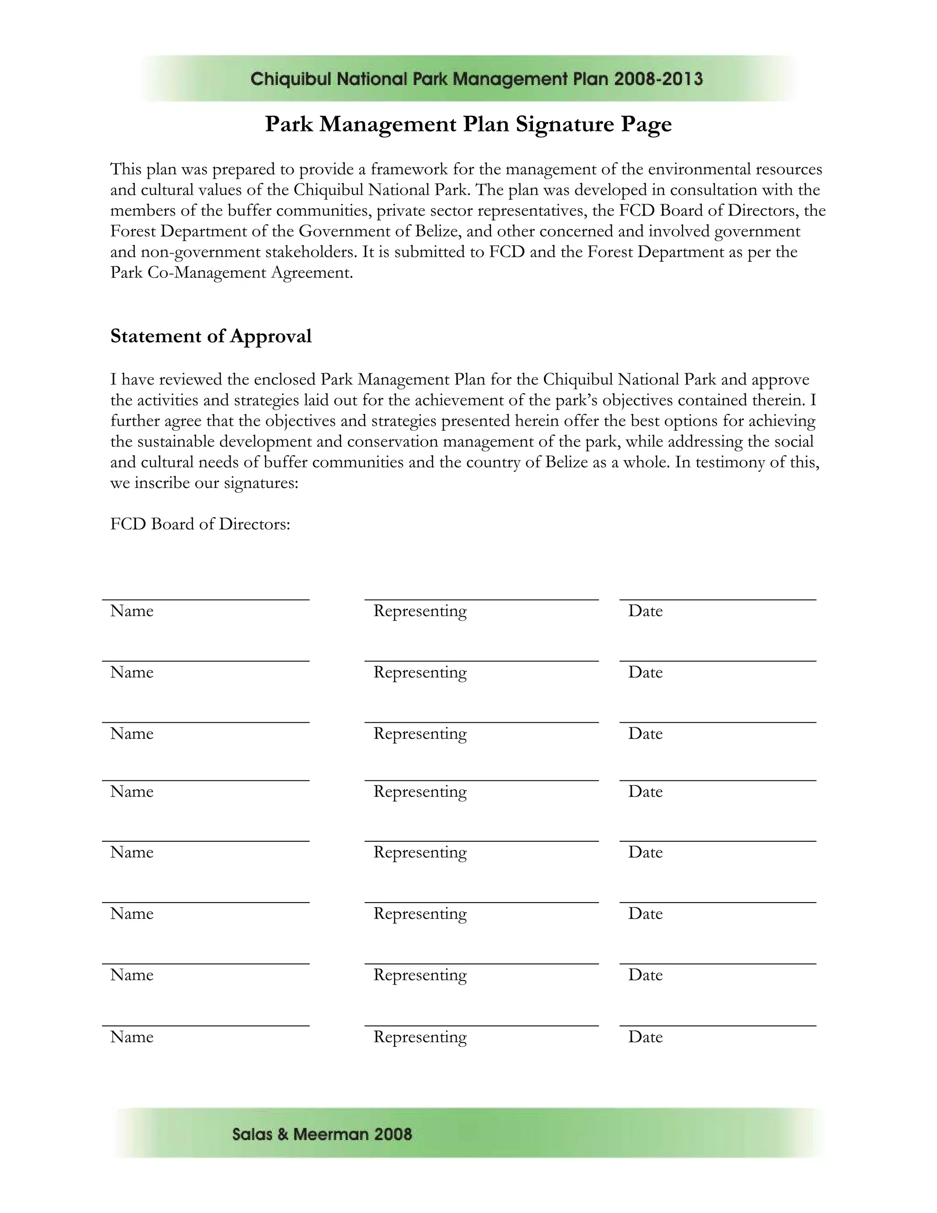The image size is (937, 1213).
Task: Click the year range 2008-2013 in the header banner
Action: (x=658, y=79)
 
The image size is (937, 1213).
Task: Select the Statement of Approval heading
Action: (x=211, y=336)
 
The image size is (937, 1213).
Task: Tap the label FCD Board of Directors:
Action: (x=200, y=524)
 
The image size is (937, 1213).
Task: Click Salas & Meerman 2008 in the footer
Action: (x=322, y=1134)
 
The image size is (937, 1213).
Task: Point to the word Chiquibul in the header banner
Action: (x=291, y=79)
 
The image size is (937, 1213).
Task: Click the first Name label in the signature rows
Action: (x=132, y=611)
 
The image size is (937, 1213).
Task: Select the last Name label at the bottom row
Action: (x=132, y=1037)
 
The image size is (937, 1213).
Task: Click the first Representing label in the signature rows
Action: (x=420, y=611)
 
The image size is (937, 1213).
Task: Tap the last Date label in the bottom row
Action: (x=645, y=1037)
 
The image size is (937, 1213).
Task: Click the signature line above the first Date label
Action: (x=717, y=600)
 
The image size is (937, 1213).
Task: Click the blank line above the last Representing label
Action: (x=481, y=1026)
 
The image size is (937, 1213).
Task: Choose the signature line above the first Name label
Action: (x=205, y=600)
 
